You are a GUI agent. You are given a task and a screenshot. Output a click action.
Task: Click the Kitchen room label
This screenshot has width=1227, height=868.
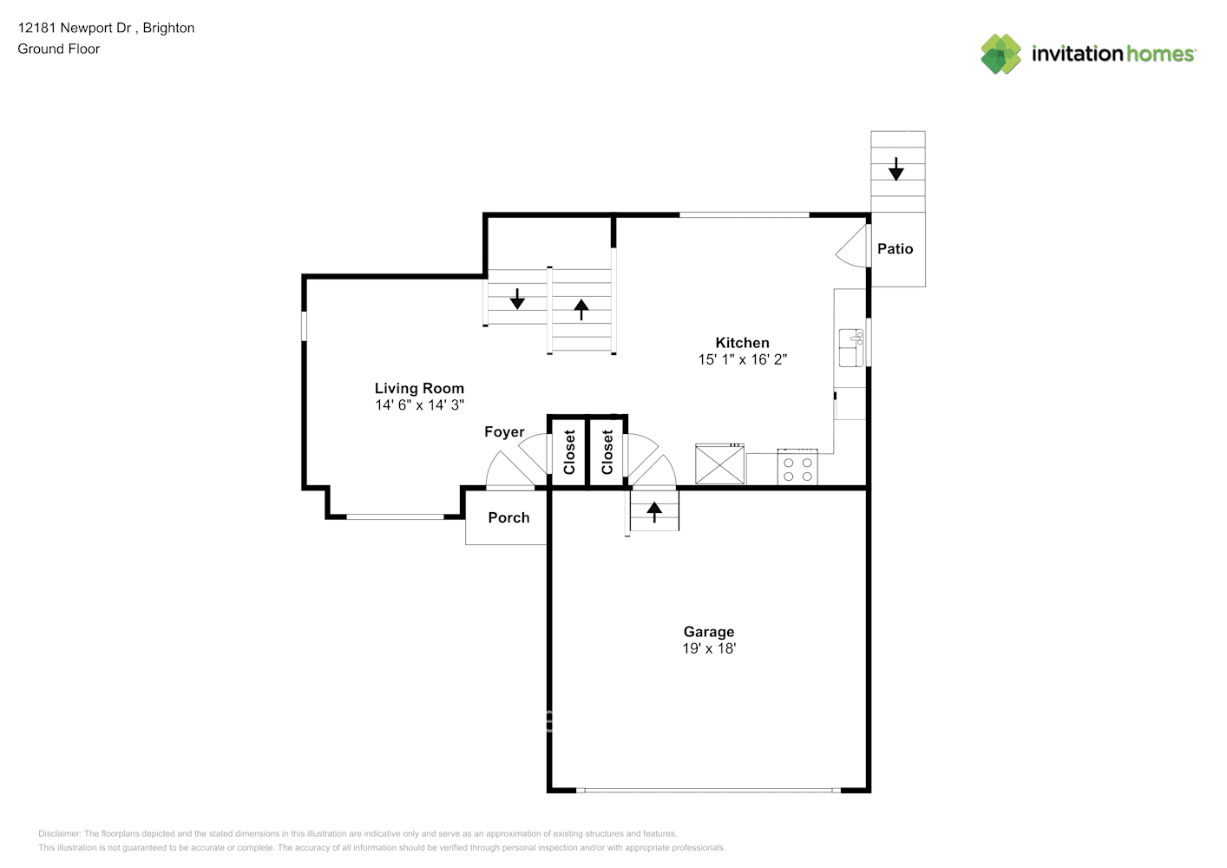click(x=742, y=343)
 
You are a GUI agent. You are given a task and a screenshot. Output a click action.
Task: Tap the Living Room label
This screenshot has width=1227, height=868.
click(x=419, y=388)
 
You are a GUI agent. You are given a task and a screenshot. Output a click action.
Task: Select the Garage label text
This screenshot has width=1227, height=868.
click(x=709, y=632)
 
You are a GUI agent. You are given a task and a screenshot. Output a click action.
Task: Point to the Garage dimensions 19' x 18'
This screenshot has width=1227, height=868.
click(x=709, y=648)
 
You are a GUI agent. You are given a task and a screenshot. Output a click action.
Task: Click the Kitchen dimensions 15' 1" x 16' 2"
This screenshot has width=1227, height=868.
click(x=742, y=359)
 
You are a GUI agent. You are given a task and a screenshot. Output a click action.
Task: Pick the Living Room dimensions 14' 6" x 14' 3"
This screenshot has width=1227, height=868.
click(x=419, y=404)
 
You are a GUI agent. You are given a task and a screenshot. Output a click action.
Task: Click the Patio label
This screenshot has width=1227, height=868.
click(x=895, y=249)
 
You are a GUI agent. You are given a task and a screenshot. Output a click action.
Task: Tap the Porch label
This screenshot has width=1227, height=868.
click(x=509, y=517)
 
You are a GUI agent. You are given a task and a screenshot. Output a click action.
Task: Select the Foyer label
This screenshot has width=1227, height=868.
click(x=504, y=431)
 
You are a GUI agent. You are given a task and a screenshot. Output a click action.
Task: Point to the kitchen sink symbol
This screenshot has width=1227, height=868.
click(x=851, y=347)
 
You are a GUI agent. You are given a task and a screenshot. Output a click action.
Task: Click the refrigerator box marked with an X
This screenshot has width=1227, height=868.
click(x=719, y=464)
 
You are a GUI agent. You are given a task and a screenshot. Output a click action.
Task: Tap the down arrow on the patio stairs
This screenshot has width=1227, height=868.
click(x=896, y=169)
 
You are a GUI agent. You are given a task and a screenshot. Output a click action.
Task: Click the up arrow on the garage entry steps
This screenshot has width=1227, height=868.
click(x=654, y=511)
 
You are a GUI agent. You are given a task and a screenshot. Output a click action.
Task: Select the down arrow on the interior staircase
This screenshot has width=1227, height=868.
click(x=517, y=299)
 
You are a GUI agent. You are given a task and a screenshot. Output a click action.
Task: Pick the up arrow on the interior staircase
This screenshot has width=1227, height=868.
click(x=581, y=309)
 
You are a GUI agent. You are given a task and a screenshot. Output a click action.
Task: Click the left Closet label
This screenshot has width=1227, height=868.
click(x=569, y=452)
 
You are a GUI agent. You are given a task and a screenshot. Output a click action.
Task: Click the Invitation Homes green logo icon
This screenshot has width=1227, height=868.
click(x=1001, y=54)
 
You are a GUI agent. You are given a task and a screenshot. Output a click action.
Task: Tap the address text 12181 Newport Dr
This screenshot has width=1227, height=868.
click(x=75, y=28)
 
